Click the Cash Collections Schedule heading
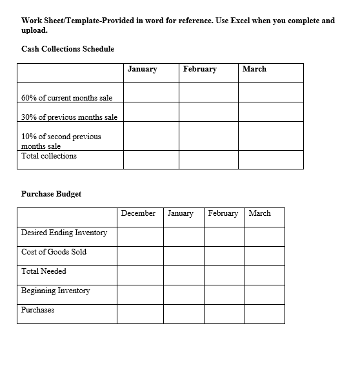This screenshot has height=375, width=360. [x=68, y=49]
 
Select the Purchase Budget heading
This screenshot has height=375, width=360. [x=52, y=194]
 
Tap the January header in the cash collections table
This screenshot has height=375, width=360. [x=143, y=69]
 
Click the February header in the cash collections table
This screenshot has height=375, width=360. [x=200, y=69]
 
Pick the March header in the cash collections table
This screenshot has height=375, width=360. [x=254, y=69]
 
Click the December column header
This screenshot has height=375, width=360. [x=138, y=213]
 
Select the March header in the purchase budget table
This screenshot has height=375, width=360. [x=259, y=213]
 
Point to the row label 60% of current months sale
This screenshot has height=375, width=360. [x=67, y=98]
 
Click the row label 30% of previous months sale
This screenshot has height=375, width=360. [x=70, y=117]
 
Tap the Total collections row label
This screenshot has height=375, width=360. [x=49, y=156]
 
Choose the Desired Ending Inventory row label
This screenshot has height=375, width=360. [x=65, y=233]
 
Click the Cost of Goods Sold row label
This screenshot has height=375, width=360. [x=54, y=252]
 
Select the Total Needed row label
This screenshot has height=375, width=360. [x=44, y=271]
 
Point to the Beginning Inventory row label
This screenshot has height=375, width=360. [x=56, y=291]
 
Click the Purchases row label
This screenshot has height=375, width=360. [x=38, y=310]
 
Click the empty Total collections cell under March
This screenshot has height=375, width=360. [x=270, y=159]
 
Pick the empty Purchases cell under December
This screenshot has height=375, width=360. [x=140, y=314]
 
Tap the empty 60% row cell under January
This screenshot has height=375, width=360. [x=151, y=93]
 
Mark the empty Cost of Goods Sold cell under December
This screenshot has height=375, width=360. [x=140, y=256]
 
